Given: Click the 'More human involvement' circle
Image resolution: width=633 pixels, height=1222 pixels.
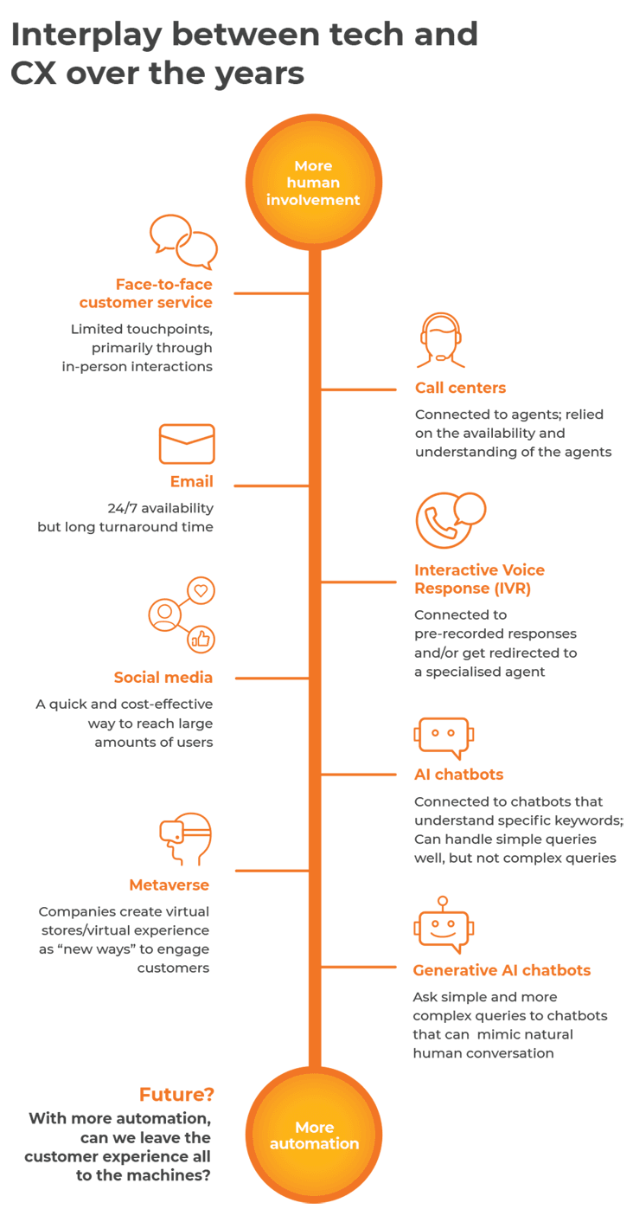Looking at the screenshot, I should coord(313,183).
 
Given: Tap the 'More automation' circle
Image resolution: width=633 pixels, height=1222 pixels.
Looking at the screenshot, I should coord(314,1135).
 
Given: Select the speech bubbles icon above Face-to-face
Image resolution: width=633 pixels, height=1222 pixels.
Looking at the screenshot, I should coord(182,241).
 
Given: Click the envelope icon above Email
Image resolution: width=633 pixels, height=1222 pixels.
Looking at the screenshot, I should coord(186,444).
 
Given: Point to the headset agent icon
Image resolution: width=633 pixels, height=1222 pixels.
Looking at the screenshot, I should coord(441,341).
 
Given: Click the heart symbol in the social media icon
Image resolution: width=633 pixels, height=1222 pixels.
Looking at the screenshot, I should coord(201,591).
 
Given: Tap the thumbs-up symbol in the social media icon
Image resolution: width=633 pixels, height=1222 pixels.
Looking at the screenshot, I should coord(201,639).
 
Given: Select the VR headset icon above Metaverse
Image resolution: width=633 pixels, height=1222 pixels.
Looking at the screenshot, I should coord(186,838).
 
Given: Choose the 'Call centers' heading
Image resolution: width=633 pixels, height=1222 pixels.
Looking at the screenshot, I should coord(460,388).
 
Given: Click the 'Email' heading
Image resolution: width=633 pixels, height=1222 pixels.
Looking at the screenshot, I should coord(191,482).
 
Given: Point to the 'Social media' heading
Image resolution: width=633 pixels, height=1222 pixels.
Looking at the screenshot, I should coord(163,678).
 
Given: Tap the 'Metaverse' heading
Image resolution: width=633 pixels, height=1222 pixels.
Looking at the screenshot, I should coord(169,884).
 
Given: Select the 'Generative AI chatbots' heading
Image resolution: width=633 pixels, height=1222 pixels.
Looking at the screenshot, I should coord(502,970).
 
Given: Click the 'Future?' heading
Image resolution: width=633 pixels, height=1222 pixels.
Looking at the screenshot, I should coord(176,1095).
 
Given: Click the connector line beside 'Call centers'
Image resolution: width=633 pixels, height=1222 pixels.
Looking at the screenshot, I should coord(358,389).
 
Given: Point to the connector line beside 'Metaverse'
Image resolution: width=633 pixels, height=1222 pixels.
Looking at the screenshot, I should coord(271,871).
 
